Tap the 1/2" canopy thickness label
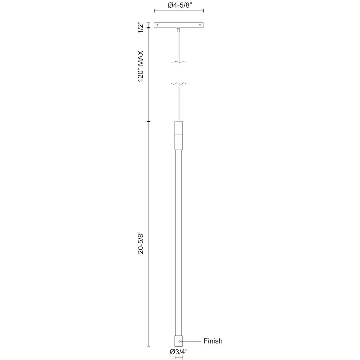(x=141, y=27)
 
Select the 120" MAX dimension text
(x=141, y=66)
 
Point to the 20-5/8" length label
(x=141, y=244)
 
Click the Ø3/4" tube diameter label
(x=179, y=352)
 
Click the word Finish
(x=213, y=341)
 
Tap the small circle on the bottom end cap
(x=179, y=341)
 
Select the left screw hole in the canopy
(x=157, y=25)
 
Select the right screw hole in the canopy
(x=200, y=25)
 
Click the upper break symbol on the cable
(x=179, y=62)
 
